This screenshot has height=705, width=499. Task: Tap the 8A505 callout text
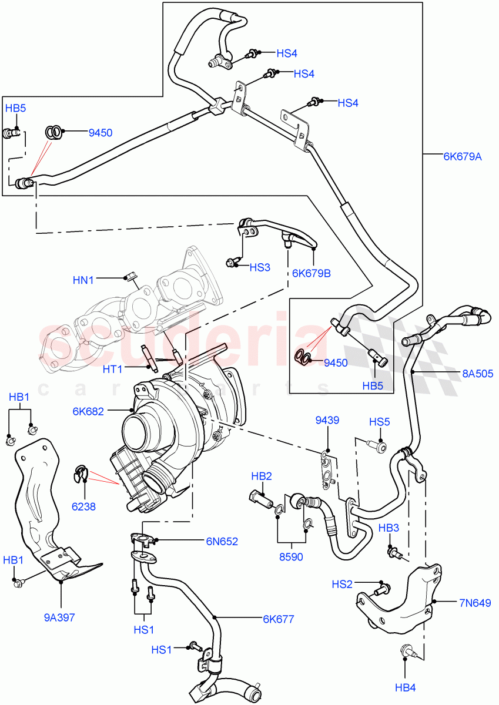pyautogui.click(x=477, y=373)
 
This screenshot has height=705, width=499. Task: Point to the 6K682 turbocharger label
pyautogui.click(x=88, y=411)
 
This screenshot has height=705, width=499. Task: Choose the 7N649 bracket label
pyautogui.click(x=475, y=602)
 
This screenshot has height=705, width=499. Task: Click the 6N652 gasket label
pyautogui.click(x=222, y=542)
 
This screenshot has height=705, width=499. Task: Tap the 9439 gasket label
pyautogui.click(x=327, y=420)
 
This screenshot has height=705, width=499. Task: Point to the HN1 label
pyautogui.click(x=83, y=280)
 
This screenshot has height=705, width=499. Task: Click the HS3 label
pyautogui.click(x=259, y=267)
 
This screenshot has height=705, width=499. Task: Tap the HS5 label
pyautogui.click(x=379, y=422)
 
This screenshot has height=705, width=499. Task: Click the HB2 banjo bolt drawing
pyautogui.click(x=262, y=499)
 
